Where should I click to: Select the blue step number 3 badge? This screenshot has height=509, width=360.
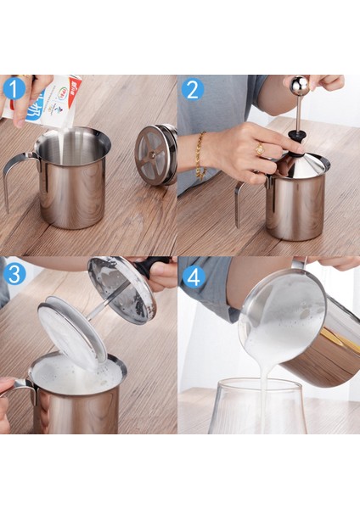(x=14, y=275)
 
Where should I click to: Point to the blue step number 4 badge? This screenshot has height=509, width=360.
(x=194, y=276)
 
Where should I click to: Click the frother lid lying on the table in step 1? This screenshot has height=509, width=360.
(x=157, y=154)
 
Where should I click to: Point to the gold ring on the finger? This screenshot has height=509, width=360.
(x=259, y=149)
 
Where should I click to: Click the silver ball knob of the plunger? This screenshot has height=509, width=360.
(x=299, y=85)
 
